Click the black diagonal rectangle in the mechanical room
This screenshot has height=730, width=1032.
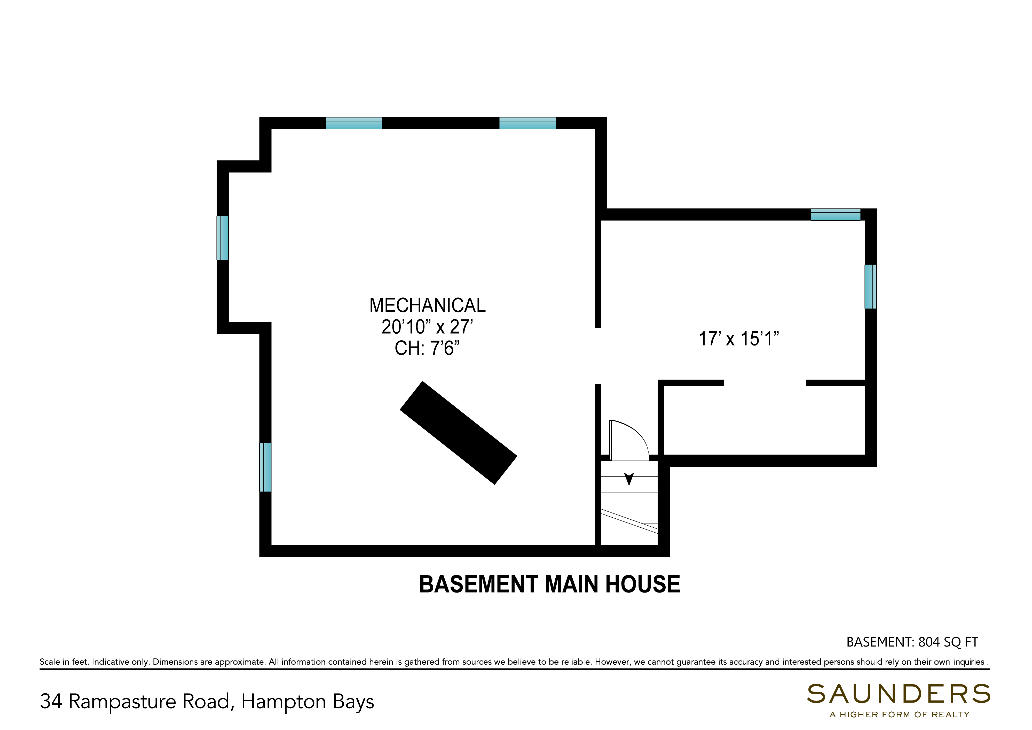[459, 433]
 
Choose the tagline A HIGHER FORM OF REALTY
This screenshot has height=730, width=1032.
[899, 715]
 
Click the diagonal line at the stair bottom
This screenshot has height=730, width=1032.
[629, 521]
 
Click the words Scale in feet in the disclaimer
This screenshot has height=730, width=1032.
[64, 662]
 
